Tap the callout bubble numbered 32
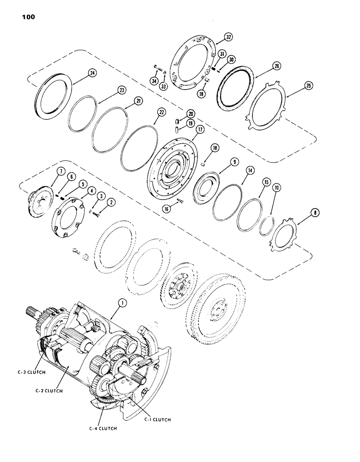[228, 37]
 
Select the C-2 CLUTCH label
[47, 390]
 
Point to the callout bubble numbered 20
[178, 114]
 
